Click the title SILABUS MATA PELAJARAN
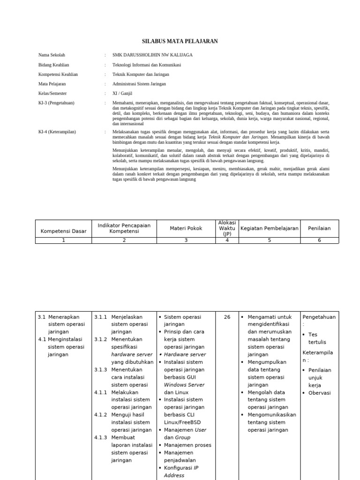(180, 41)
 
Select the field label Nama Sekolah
(52, 55)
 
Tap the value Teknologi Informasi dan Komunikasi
(147, 65)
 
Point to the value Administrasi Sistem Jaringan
(139, 84)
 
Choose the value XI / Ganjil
(123, 93)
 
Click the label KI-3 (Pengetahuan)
(56, 103)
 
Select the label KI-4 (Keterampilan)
(57, 132)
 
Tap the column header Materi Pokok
(186, 228)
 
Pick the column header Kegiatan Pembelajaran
(269, 228)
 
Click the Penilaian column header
(319, 228)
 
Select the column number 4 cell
(227, 240)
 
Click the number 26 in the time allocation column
(227, 317)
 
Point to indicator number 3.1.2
(101, 340)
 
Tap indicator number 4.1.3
(101, 438)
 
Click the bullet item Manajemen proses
(187, 445)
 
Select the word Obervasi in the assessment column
(319, 393)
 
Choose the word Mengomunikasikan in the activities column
(272, 415)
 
